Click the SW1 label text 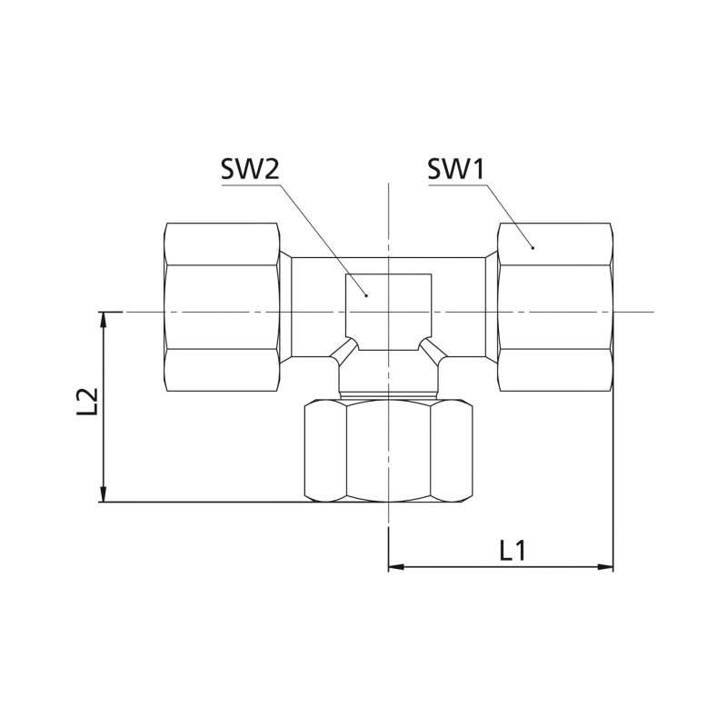click(456, 169)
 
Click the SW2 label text click(250, 169)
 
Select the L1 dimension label click(513, 551)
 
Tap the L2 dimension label click(87, 402)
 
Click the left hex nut click(223, 307)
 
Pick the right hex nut click(555, 307)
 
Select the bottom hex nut click(389, 451)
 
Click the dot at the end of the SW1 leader click(533, 248)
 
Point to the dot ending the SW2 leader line click(366, 295)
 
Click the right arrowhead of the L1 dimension click(605, 566)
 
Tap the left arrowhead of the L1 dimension click(396, 566)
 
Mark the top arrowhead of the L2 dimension click(104, 320)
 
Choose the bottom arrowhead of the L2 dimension click(104, 494)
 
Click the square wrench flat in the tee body click(389, 312)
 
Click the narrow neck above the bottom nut click(389, 396)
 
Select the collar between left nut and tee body click(285, 307)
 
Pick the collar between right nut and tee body click(492, 307)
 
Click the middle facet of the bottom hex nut click(389, 451)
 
